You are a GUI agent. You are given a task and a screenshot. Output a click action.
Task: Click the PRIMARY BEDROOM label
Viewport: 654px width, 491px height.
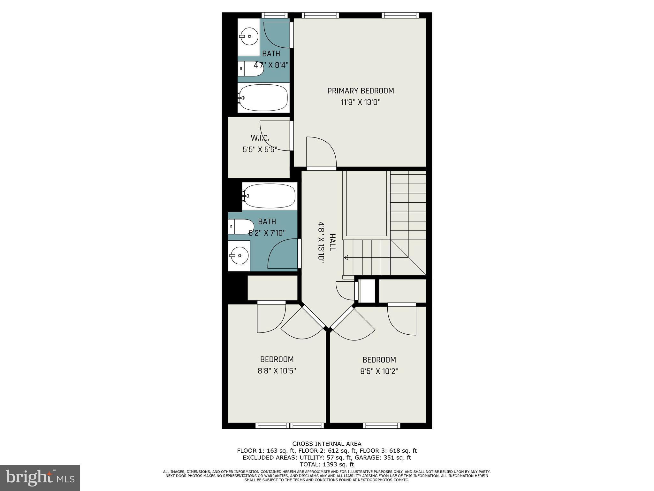click(x=361, y=91)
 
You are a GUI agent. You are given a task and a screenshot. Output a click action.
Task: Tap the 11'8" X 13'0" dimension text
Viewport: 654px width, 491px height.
click(x=361, y=103)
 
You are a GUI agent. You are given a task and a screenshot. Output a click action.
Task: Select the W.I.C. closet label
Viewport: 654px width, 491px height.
click(x=260, y=138)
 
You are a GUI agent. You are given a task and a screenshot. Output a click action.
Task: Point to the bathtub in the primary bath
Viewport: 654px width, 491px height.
click(x=263, y=98)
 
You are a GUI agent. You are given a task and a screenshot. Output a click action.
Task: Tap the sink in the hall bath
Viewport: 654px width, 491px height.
click(x=239, y=255)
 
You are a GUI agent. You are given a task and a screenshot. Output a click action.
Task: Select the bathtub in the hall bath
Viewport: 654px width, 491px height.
click(x=269, y=196)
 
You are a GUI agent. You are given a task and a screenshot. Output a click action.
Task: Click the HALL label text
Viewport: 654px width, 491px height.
click(x=332, y=242)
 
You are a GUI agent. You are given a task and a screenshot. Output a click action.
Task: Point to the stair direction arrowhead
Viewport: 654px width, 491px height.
click(x=346, y=257)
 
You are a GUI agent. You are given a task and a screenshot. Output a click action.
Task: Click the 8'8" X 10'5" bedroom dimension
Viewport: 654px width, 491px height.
click(x=277, y=371)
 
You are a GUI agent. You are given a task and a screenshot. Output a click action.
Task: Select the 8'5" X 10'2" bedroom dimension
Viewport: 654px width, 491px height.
click(x=379, y=371)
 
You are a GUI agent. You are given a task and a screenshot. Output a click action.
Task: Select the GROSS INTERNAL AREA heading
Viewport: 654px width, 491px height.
click(x=327, y=444)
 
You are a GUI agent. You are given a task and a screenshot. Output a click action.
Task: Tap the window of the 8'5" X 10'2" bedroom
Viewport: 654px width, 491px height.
click(x=381, y=425)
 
